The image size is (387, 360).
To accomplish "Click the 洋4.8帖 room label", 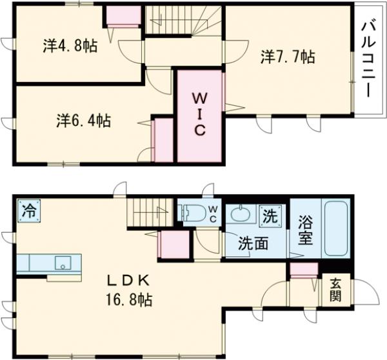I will click(70, 46).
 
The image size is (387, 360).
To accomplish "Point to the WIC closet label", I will click(200, 115).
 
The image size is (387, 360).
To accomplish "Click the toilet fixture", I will click(193, 212).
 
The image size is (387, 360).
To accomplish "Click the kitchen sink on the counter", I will click(62, 263).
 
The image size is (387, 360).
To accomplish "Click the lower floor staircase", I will click(151, 214).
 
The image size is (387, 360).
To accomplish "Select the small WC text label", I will click(212, 214).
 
